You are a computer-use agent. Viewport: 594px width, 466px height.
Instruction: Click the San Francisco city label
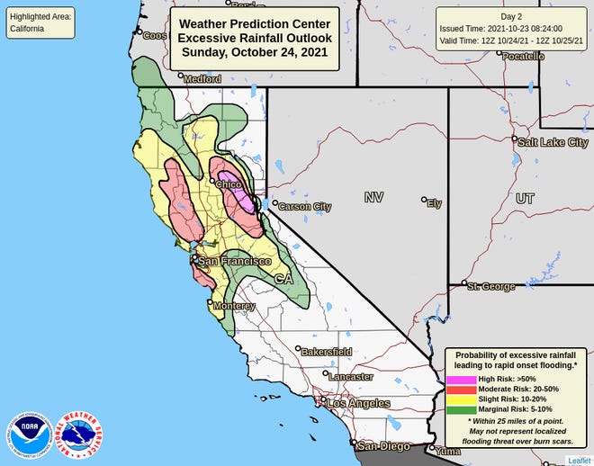coord(234,261)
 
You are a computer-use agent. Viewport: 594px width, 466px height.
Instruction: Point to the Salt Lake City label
coord(552,142)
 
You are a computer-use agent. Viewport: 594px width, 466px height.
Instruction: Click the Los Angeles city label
coord(359,404)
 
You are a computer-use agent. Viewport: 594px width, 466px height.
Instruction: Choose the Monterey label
coord(234,306)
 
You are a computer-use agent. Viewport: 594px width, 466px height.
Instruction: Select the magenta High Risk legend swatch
coord(460,381)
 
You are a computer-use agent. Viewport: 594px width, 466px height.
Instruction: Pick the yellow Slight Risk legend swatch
coord(460,399)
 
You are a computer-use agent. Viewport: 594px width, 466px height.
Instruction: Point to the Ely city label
coord(434,203)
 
